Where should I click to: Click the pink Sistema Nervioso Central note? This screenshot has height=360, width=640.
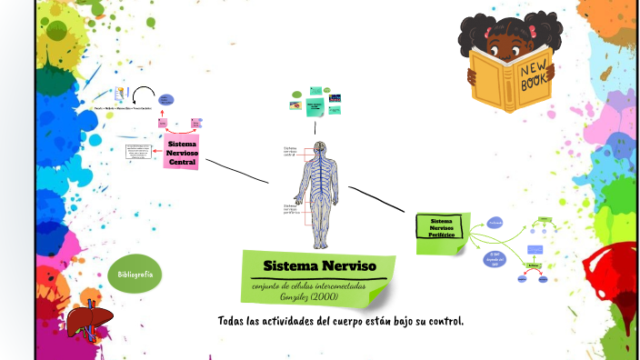coord(183,153)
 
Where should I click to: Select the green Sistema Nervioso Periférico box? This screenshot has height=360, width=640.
coord(442,228)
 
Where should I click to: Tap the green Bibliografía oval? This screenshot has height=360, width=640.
coord(135,274)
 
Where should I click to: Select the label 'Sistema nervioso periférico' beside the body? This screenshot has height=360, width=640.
coord(292,210)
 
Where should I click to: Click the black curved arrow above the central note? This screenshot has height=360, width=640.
coord(143,94)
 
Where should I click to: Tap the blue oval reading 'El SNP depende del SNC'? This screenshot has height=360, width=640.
coord(495,259)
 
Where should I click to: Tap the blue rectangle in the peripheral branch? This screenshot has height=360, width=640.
coord(535,248)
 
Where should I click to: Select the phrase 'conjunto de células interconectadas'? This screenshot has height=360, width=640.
coord(308,286)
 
